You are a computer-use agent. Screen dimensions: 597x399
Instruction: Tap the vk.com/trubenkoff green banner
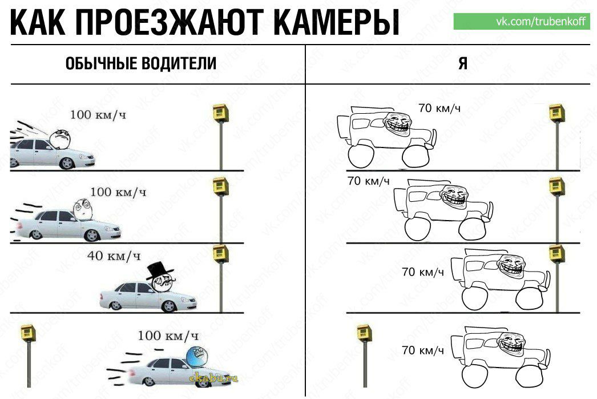pos(522,21)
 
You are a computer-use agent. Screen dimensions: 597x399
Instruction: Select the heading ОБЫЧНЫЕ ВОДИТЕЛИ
pos(141,63)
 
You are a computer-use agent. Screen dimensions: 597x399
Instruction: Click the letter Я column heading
pos(463,63)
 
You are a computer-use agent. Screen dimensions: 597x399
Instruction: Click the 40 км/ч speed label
pos(114,256)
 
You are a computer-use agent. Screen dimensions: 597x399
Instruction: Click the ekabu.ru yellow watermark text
pos(213,378)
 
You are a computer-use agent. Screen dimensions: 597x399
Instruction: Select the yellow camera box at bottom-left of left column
pos(28,333)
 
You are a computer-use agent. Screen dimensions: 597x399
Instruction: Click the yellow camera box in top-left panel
pos(220,113)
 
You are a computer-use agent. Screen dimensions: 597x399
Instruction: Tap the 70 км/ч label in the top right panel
pos(439,109)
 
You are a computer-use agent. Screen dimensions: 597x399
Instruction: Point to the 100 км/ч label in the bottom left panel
pos(168,336)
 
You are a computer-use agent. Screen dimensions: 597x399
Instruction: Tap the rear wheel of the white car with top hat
pos(115,305)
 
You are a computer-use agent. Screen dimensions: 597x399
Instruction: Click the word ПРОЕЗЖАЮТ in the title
pos(169,22)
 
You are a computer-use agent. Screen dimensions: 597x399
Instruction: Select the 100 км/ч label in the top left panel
pos(98,114)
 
